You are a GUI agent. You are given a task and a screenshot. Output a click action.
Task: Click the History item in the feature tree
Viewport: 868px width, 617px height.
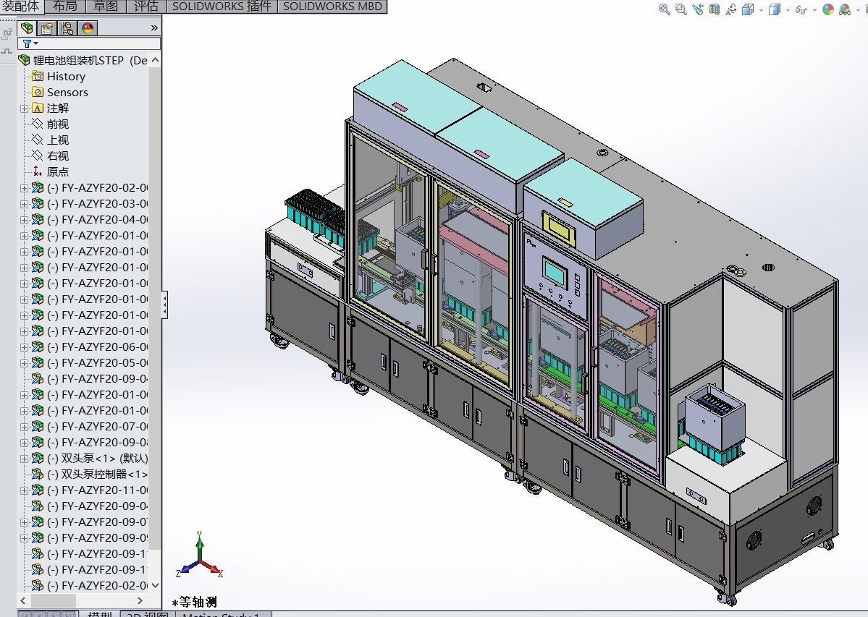coord(66,76)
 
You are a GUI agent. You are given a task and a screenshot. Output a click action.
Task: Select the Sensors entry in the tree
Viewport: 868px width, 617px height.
coord(67,92)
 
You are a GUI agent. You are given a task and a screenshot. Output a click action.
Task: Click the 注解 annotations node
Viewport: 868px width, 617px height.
coord(58,108)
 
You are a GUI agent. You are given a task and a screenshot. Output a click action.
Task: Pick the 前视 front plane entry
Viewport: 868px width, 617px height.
coord(58,124)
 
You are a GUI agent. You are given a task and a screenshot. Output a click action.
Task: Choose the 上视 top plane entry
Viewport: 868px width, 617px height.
coord(58,140)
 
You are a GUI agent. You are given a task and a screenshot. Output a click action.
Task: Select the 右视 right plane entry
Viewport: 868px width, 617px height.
coord(58,156)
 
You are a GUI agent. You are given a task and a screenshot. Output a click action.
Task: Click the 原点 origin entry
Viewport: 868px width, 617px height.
coord(58,171)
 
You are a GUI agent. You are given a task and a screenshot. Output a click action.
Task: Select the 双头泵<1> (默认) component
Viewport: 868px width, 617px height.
coord(97,458)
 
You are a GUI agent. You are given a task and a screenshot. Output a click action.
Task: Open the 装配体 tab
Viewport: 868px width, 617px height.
coord(21,6)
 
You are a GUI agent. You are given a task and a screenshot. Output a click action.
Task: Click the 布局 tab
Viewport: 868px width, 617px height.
coord(65,6)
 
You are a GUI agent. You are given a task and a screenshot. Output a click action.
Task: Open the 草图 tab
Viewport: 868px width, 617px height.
coord(106,6)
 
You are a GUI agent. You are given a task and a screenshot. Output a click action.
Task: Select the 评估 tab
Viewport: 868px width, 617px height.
coord(146,6)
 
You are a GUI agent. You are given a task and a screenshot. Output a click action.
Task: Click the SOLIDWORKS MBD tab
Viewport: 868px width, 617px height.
coord(332,6)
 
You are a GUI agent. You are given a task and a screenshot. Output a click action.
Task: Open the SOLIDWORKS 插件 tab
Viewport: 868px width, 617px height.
coord(222,6)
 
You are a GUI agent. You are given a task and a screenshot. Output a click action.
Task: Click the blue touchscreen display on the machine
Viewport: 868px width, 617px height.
coord(555,273)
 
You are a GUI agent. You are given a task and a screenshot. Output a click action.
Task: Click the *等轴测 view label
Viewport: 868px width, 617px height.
coord(194,602)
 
